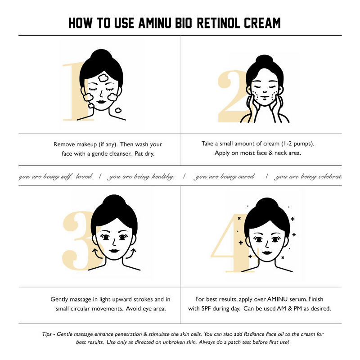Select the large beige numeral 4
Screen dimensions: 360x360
tap(232, 243)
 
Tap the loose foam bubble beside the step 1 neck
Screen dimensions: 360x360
tap(118, 109)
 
